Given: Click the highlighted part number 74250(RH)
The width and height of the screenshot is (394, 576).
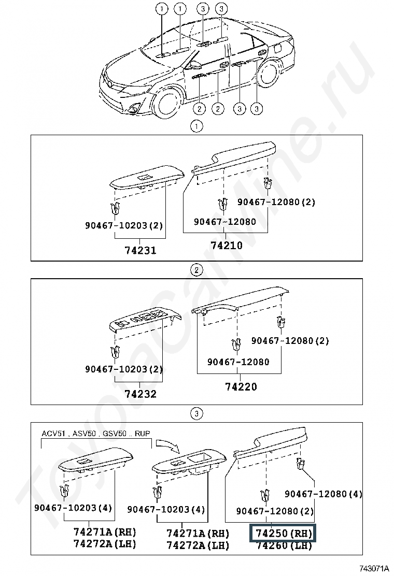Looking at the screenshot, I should coord(283,533).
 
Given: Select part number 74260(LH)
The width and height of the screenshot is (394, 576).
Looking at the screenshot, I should coord(283,545).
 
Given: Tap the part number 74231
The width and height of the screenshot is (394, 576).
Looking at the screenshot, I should coord(140,251).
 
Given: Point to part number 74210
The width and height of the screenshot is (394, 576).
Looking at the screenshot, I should coord(227,246).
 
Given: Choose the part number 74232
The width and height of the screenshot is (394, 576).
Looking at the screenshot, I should coord(140,394).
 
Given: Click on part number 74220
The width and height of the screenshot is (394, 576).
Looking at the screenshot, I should coord(241,386).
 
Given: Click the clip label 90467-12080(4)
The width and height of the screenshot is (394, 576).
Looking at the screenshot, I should coord(323,494).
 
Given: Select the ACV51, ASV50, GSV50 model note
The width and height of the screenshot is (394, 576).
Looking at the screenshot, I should coord(97,433).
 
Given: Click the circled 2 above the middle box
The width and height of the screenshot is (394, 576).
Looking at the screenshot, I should coord(196,270).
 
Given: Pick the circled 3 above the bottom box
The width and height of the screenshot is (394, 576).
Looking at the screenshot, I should coord(196,413).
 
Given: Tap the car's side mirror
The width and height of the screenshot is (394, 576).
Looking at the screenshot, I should coord(195,65).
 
